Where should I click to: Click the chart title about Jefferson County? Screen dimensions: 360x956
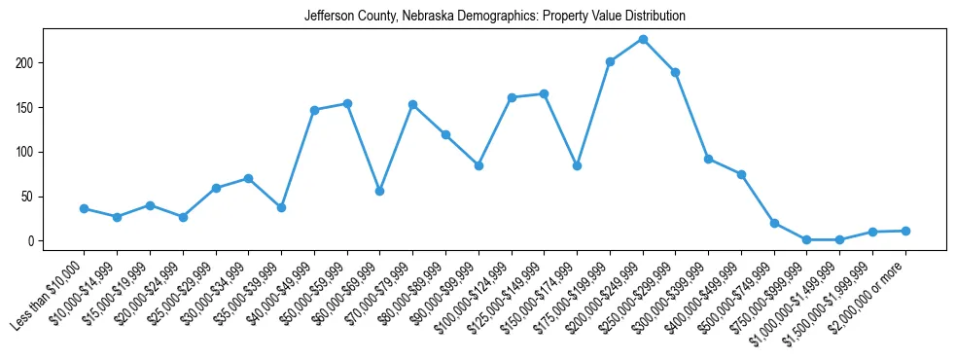click(x=494, y=17)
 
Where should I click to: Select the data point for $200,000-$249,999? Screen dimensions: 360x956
click(x=643, y=39)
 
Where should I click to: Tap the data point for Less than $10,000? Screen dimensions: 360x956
click(x=84, y=208)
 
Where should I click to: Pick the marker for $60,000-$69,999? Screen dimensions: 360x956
click(x=379, y=191)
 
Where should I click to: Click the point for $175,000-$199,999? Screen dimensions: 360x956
click(x=610, y=61)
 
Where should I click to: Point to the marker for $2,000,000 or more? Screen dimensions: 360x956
click(x=905, y=231)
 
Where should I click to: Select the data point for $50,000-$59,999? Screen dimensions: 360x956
click(x=347, y=103)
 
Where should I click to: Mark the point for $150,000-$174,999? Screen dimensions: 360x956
click(x=577, y=166)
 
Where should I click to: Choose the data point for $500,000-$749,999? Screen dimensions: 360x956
click(x=774, y=223)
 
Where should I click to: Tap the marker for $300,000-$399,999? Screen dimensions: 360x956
click(x=708, y=159)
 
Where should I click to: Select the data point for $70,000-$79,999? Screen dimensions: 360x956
click(x=412, y=104)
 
